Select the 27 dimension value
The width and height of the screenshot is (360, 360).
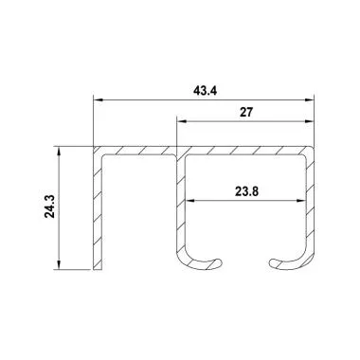pyautogui.click(x=245, y=112)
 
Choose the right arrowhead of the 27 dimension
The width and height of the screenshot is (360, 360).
pyautogui.click(x=310, y=120)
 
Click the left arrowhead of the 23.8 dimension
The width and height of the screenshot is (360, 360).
pyautogui.click(x=189, y=200)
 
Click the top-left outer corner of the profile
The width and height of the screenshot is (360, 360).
pyautogui.click(x=93, y=146)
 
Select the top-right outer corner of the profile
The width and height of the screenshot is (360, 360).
pyautogui.click(x=314, y=146)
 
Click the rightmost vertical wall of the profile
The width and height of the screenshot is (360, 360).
pyautogui.click(x=311, y=204)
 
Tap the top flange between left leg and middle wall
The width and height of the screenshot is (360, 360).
pyautogui.click(x=137, y=150)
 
